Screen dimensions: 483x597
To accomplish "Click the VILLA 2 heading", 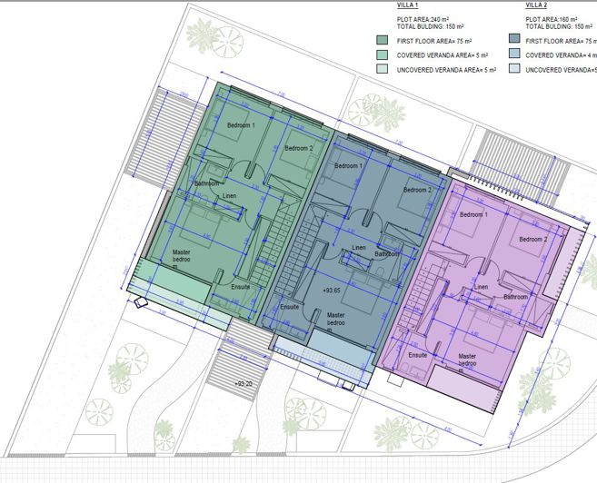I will click(537, 5).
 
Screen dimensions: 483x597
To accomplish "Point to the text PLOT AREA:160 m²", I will click(552, 18).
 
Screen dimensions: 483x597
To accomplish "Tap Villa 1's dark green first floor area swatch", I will click(383, 41).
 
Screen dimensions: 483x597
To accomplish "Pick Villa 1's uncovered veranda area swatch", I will click(383, 69).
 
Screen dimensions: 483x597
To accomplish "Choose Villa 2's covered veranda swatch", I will click(514, 55).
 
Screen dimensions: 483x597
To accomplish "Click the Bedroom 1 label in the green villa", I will click(241, 125).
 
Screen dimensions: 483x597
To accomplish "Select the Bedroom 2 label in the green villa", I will click(298, 148).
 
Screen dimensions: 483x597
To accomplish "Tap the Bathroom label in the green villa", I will click(208, 183).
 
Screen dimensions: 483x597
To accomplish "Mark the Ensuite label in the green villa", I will click(241, 287).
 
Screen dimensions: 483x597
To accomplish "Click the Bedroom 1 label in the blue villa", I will click(348, 166).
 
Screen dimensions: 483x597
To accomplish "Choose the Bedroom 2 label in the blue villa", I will click(417, 190).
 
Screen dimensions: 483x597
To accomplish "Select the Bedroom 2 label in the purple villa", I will click(533, 239).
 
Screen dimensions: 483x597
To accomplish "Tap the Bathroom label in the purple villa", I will click(516, 297).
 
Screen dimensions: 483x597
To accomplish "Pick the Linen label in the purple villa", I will click(482, 287).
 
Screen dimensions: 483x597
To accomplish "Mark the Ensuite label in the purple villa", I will click(417, 355).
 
